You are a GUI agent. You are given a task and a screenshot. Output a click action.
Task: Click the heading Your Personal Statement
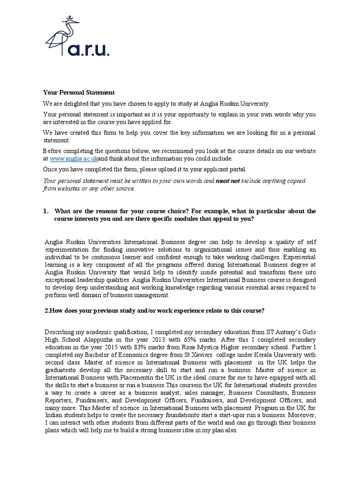[x=79, y=93]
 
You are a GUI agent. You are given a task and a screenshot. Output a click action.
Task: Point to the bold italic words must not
[x=227, y=180]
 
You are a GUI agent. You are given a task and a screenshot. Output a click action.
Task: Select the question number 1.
[x=45, y=211]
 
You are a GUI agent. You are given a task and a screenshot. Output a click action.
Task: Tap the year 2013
[x=161, y=339]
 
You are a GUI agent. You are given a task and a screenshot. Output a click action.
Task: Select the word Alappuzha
[x=111, y=339]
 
